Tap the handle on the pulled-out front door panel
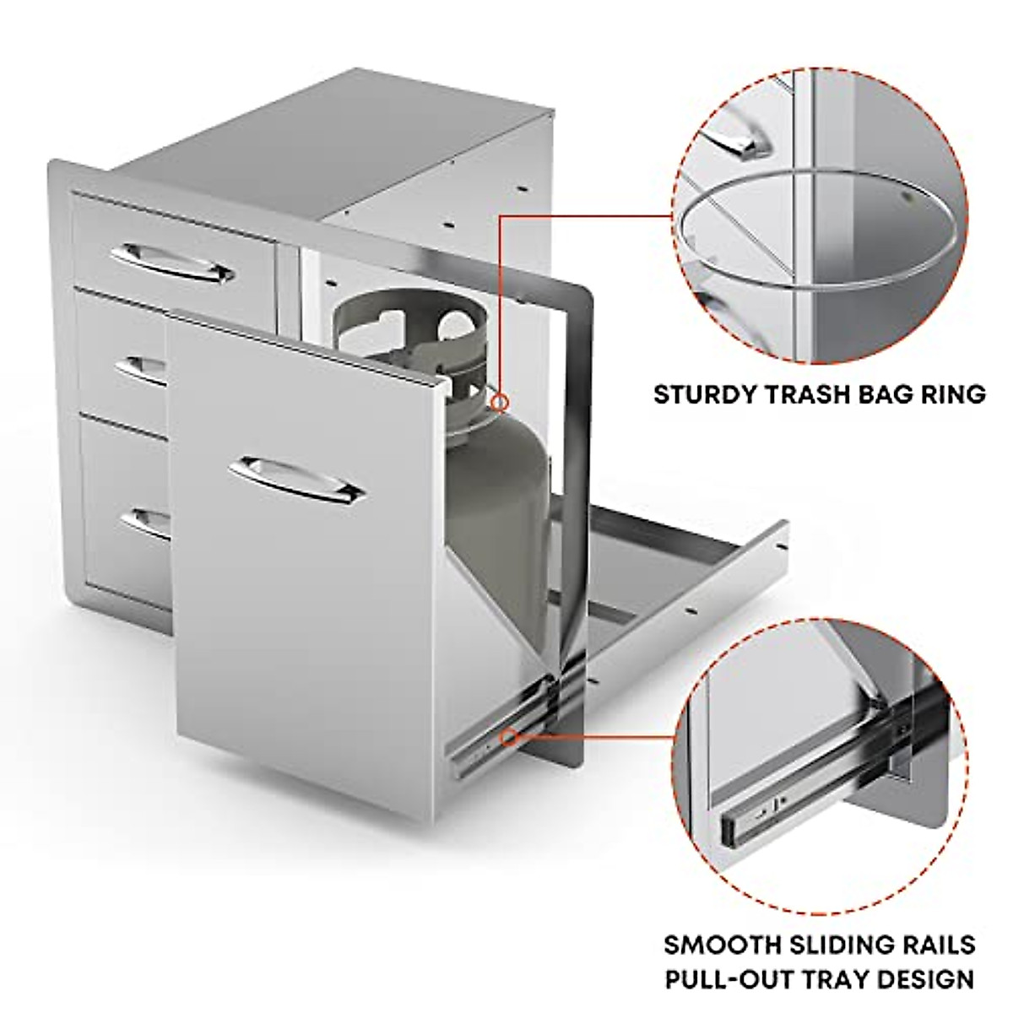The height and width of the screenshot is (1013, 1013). point(302,478)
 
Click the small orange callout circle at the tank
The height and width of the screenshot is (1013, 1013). point(501,402)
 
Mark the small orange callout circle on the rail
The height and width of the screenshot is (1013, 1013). point(510,739)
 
